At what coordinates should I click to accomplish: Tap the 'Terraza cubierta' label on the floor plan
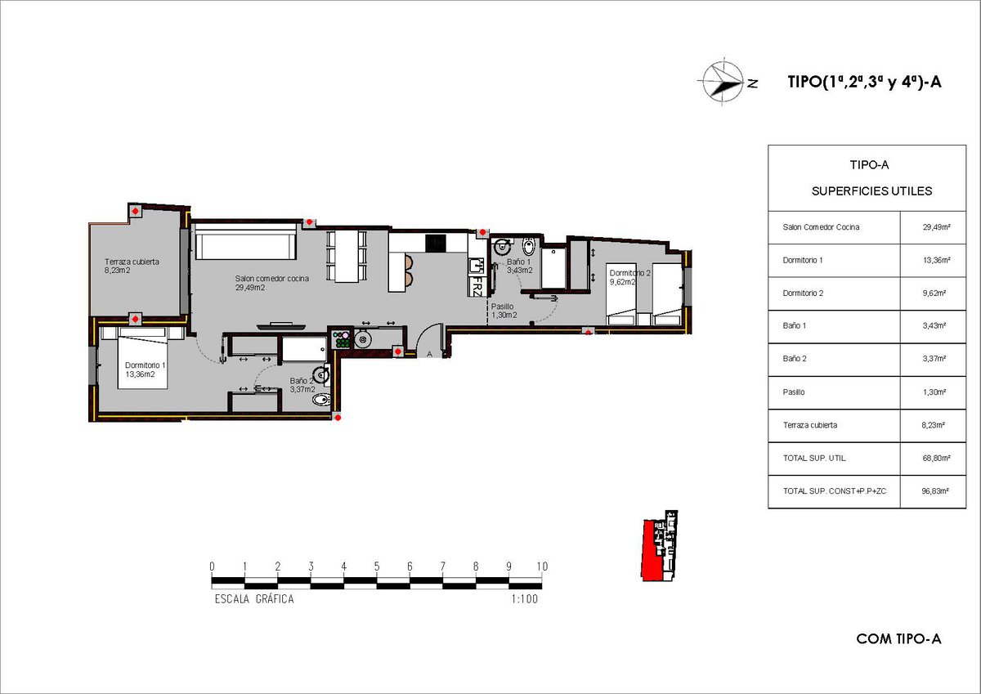point(132,262)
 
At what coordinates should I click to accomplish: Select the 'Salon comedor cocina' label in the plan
point(271,279)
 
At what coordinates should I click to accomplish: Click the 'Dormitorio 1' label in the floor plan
point(145,365)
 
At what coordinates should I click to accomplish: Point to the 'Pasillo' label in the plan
point(502,307)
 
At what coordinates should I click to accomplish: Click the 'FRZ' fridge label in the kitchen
point(477,286)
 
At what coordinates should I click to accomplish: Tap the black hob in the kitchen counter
point(435,243)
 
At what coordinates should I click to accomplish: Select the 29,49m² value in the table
point(936,227)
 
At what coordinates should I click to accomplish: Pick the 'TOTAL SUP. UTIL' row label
point(814,458)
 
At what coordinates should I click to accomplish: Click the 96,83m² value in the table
point(935,491)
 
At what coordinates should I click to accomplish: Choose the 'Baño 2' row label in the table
point(795,359)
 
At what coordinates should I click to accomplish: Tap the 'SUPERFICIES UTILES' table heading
point(871,191)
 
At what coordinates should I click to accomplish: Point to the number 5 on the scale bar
point(377,566)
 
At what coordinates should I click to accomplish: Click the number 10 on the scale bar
point(542,566)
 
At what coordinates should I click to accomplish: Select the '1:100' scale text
point(524,599)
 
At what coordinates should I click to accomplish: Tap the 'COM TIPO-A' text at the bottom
point(898,639)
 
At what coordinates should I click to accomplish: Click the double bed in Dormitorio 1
point(143,359)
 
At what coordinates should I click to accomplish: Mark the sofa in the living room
point(246,241)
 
